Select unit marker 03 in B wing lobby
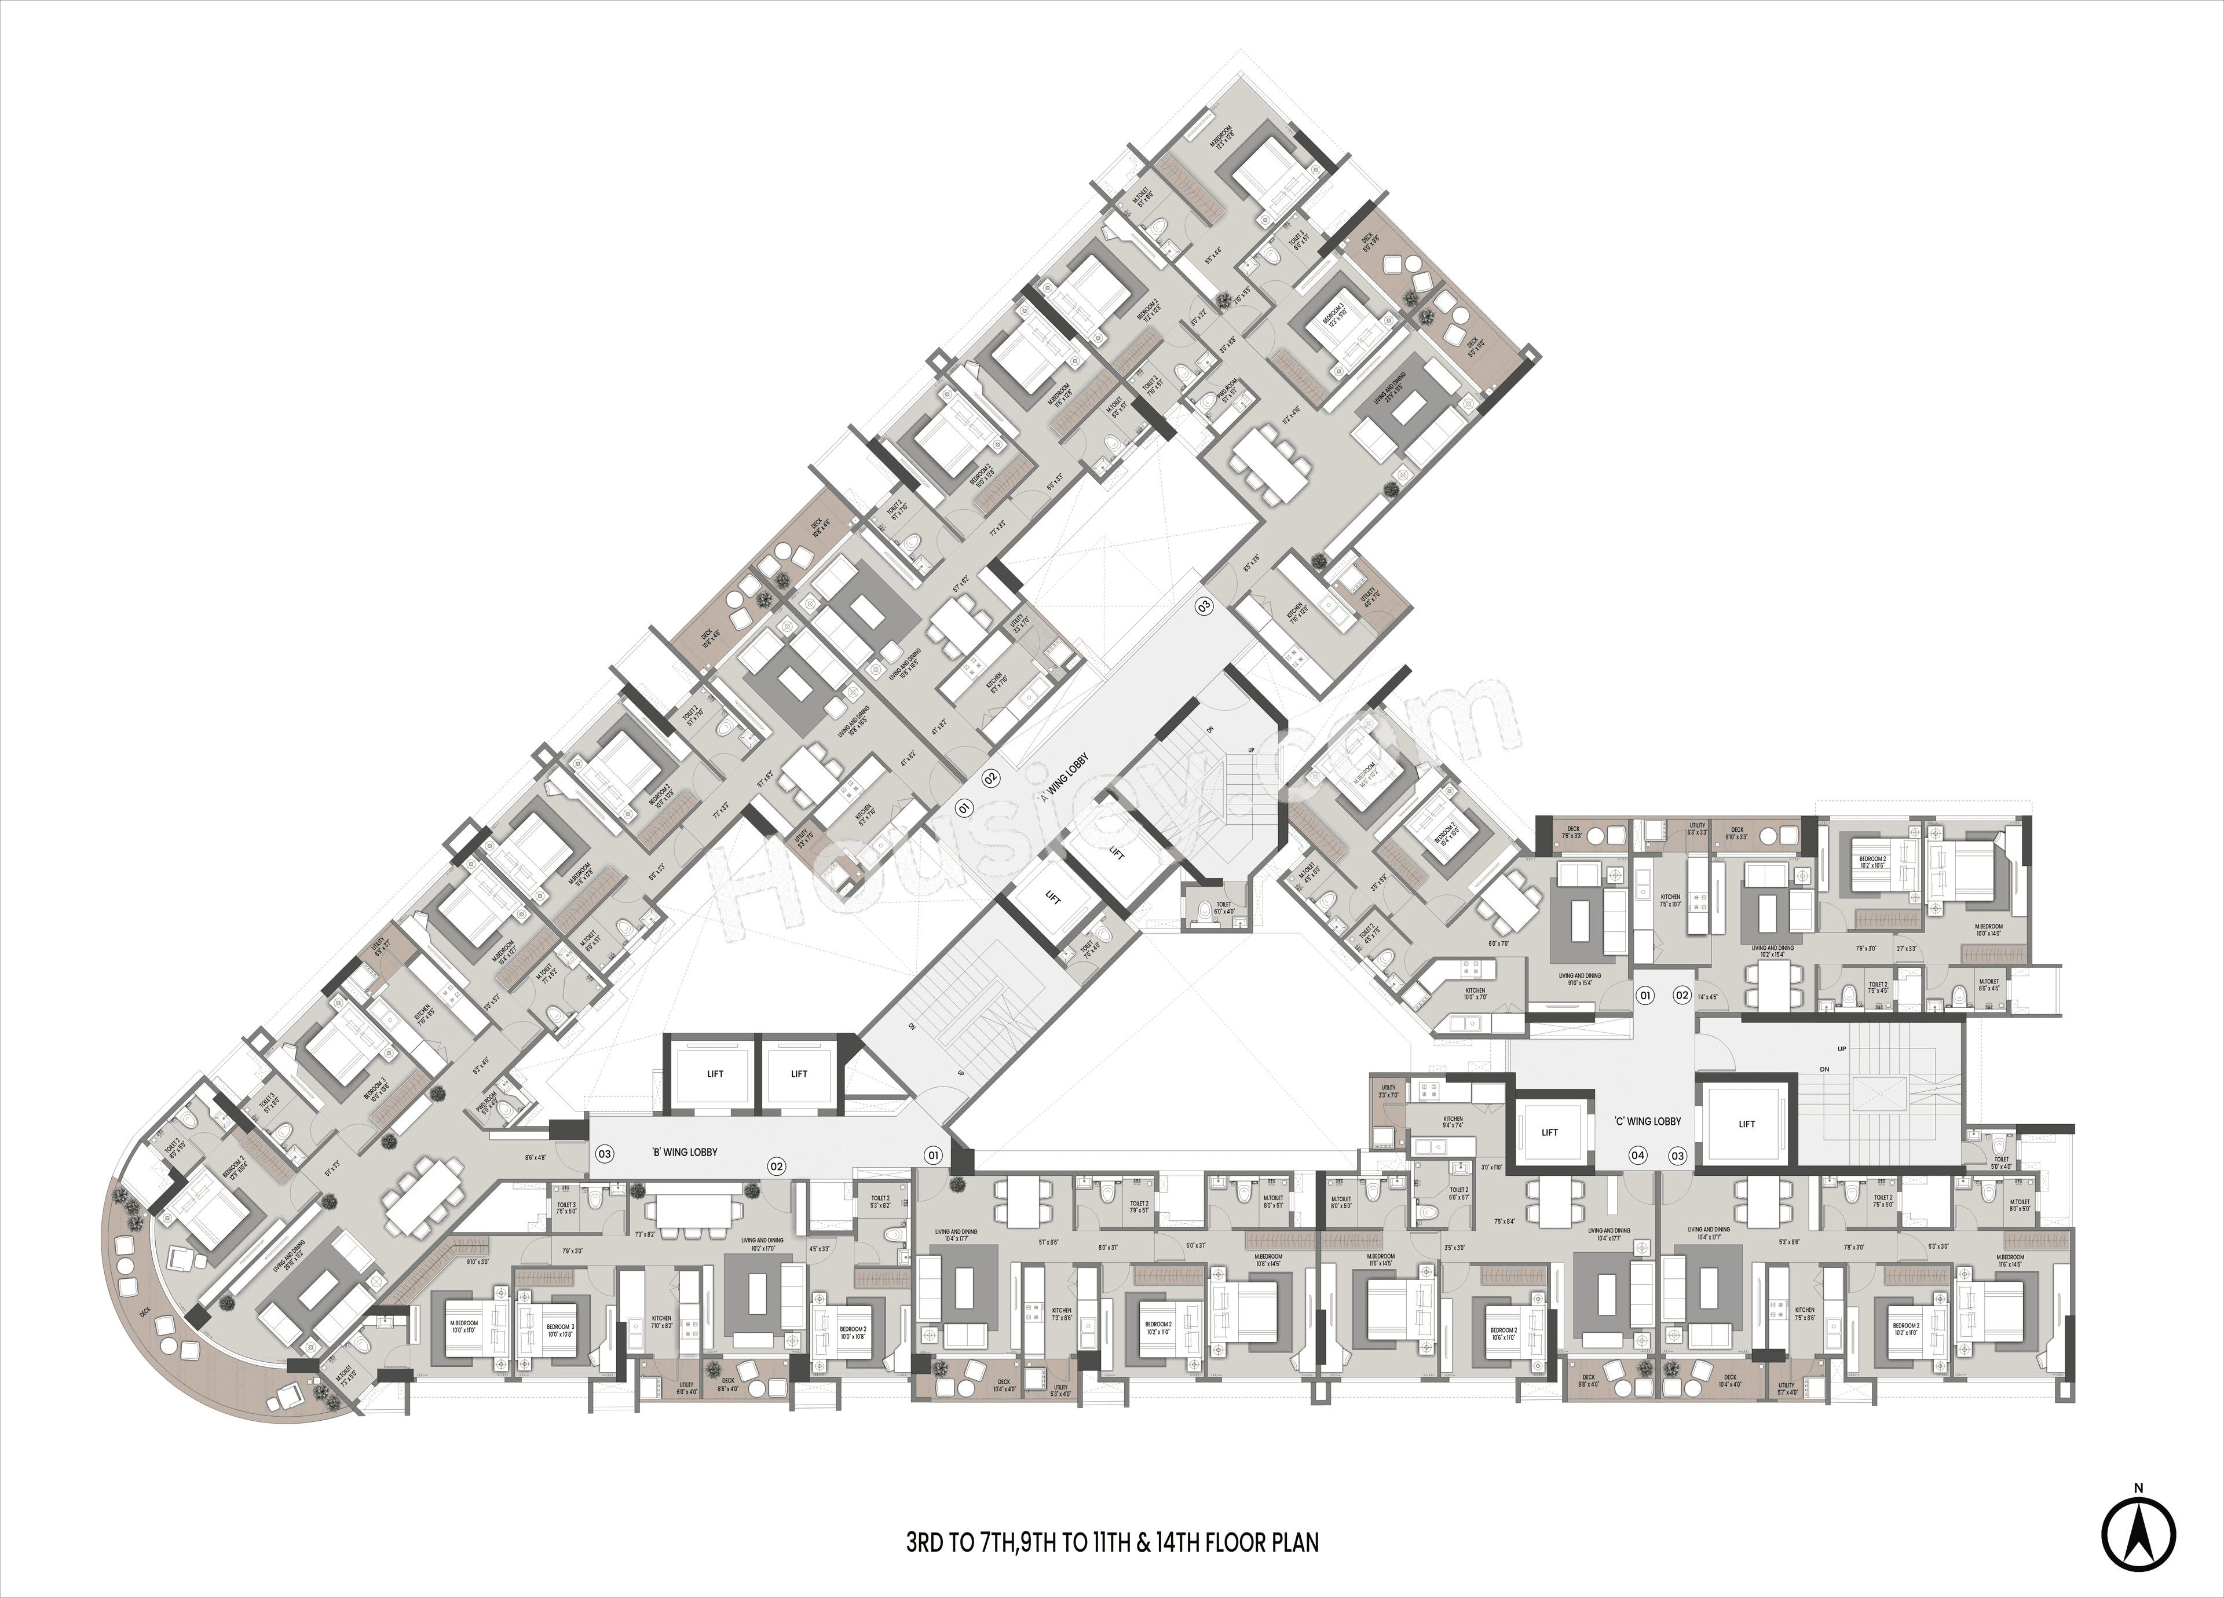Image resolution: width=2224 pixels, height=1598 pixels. (x=605, y=1154)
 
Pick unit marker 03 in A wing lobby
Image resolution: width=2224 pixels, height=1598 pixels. (x=1203, y=605)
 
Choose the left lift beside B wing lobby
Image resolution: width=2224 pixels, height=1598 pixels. (x=715, y=1073)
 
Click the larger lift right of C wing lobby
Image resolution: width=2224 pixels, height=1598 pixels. (x=1746, y=1124)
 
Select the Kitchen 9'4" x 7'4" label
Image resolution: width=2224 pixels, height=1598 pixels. (x=1453, y=1121)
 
